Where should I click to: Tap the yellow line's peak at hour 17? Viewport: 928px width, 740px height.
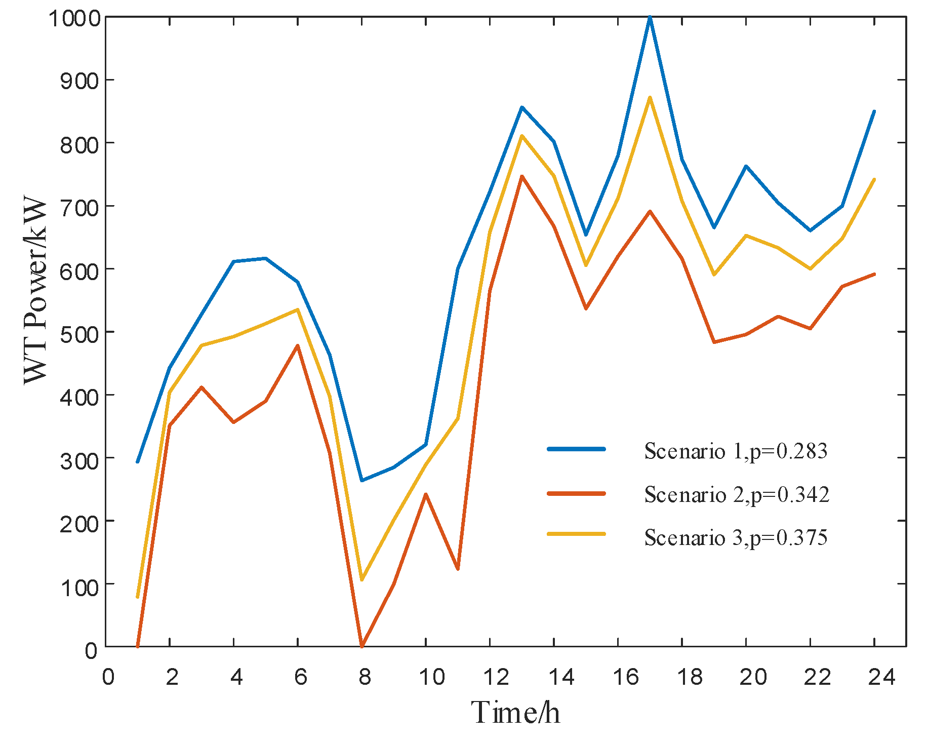(x=650, y=97)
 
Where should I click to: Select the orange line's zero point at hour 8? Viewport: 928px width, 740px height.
(x=361, y=646)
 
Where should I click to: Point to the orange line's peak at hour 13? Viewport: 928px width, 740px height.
(x=521, y=176)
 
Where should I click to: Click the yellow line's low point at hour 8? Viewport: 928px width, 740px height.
(x=361, y=579)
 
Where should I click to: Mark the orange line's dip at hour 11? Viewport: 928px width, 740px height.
(x=458, y=569)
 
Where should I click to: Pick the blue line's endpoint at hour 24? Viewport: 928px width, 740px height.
(x=874, y=111)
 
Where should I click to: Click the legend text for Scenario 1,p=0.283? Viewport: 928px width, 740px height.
(x=735, y=450)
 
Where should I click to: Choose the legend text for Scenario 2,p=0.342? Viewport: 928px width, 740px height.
(x=736, y=494)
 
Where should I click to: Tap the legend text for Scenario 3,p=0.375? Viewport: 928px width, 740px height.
(x=735, y=537)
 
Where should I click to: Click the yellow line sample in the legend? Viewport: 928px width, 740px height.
(x=576, y=533)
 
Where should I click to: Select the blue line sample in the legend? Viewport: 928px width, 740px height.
(x=576, y=449)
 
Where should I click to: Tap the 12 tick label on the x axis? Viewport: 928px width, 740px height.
(x=496, y=677)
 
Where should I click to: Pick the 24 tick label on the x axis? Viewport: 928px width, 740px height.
(x=881, y=677)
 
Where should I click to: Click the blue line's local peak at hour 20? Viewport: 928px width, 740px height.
(x=746, y=166)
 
